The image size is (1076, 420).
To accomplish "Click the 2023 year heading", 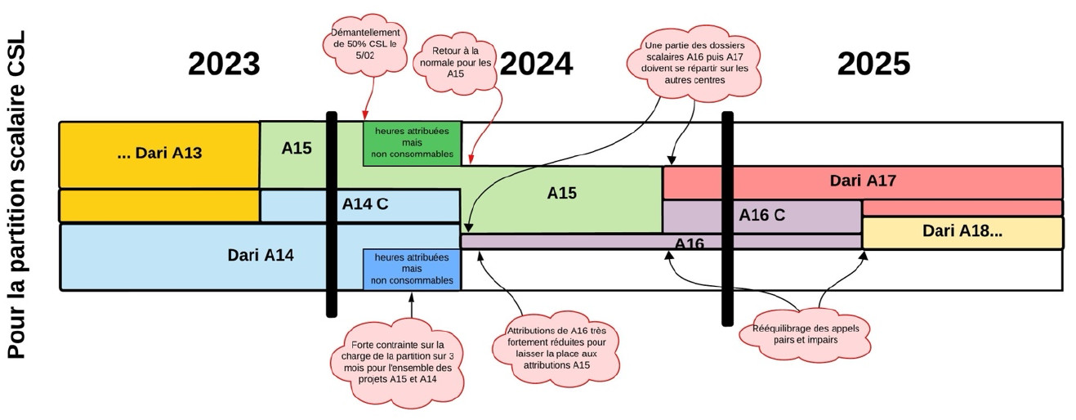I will pyautogui.click(x=224, y=64).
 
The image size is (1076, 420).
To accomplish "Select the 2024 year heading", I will pyautogui.click(x=536, y=64).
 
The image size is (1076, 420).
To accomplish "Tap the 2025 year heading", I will pyautogui.click(x=873, y=64).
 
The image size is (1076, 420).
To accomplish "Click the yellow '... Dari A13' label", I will pyautogui.click(x=159, y=153).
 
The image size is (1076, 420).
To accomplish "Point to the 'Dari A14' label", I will pyautogui.click(x=260, y=255).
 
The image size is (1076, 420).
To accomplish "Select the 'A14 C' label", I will pyautogui.click(x=365, y=204).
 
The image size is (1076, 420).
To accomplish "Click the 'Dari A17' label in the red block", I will pyautogui.click(x=863, y=181).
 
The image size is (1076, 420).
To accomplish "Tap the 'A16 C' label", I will pyautogui.click(x=761, y=215).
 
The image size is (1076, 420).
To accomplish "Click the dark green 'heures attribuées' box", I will pyautogui.click(x=412, y=142).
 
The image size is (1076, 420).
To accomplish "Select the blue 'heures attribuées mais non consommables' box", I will pyautogui.click(x=412, y=269).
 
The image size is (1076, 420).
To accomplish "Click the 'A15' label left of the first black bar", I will pyautogui.click(x=297, y=148).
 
